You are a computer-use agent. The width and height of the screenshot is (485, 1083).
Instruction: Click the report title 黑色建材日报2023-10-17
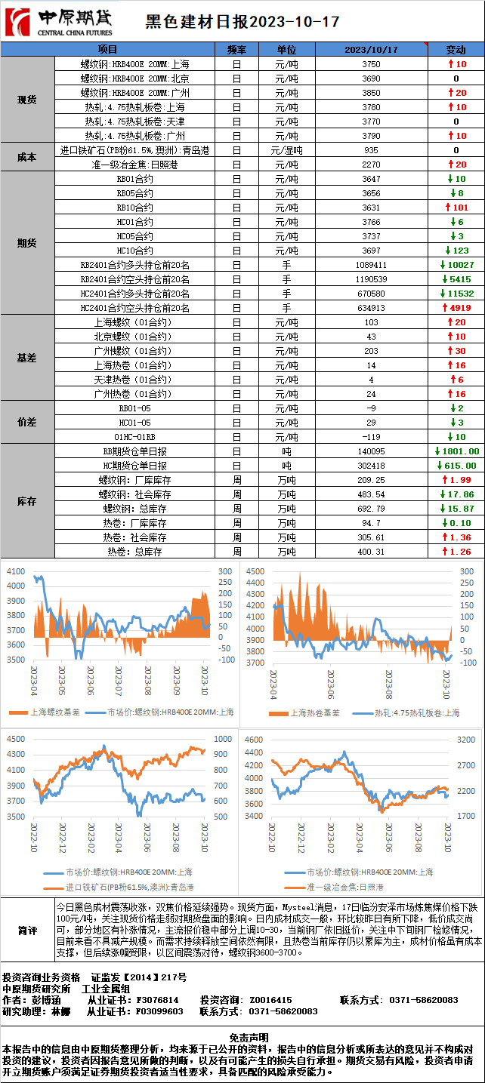[x=242, y=23]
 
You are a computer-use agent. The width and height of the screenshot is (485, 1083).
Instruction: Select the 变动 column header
[x=456, y=50]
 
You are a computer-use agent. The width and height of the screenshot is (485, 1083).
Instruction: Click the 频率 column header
[x=236, y=50]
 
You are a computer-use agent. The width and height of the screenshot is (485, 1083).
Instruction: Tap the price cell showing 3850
[x=371, y=93]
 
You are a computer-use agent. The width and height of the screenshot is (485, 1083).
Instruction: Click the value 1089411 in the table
[x=371, y=265]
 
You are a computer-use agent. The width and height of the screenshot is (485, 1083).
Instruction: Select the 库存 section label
[x=27, y=501]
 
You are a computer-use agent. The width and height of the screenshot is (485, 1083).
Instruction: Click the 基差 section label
[x=27, y=358]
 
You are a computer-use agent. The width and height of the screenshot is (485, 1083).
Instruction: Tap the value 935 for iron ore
[x=371, y=150]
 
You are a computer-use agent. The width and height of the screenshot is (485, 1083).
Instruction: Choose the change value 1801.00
[x=456, y=451]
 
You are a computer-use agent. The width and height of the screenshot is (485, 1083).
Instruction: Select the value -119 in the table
[x=371, y=437]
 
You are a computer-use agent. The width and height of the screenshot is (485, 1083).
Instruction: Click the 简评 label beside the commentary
[x=27, y=931]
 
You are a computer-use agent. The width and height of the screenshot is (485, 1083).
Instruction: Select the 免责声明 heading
[x=242, y=1038]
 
